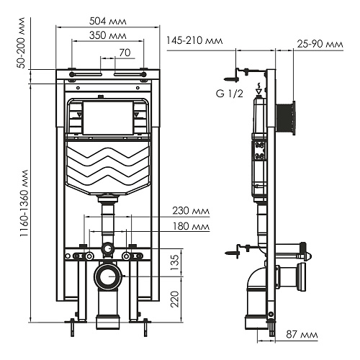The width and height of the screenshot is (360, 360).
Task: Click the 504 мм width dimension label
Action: point(108,21)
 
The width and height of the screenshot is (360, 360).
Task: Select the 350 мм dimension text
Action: point(108,35)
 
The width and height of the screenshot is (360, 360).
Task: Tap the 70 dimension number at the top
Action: point(125,53)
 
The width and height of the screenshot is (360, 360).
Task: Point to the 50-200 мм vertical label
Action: point(22,42)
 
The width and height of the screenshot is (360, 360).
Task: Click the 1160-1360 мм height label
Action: point(24,204)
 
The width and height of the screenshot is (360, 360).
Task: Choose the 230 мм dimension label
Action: point(191,211)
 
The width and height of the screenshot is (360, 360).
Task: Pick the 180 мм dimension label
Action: point(191,226)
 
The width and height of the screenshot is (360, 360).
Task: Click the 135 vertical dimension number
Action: point(176,262)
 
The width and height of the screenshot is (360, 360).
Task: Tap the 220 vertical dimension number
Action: point(176,299)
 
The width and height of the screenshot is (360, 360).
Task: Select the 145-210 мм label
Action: point(194,40)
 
